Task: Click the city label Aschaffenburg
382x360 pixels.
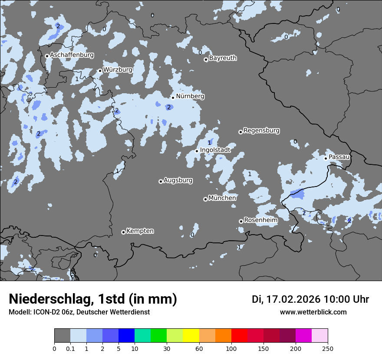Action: pos(72,55)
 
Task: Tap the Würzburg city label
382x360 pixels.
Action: pos(118,69)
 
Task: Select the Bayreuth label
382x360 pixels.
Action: pos(223,58)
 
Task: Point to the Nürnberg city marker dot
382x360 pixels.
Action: pos(173,98)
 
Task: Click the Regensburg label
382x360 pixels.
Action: pos(261,131)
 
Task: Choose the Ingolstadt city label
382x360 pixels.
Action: pos(215,150)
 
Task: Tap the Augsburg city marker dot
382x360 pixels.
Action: pos(161,181)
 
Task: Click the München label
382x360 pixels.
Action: pos(222,198)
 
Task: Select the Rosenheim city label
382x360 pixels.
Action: pos(260,220)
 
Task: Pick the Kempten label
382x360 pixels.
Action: pos(140,231)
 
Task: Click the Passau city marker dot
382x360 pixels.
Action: pos(326,158)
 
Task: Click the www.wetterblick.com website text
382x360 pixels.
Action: pos(313,312)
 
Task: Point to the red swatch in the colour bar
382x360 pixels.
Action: pos(239,336)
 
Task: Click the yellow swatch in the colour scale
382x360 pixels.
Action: pos(191,336)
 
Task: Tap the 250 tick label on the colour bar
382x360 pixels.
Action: pos(328,348)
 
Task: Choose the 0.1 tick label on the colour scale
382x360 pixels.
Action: pos(70,348)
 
